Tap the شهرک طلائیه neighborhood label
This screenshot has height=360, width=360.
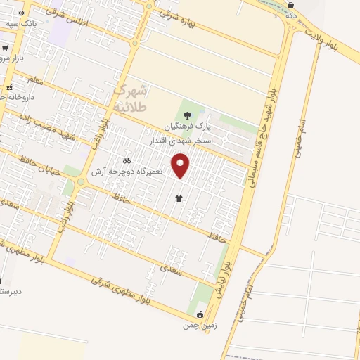[x=131, y=98]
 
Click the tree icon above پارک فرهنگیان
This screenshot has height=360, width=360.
[x=187, y=115]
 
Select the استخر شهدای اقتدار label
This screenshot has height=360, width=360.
[x=181, y=141]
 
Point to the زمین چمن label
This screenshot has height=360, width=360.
[x=197, y=326]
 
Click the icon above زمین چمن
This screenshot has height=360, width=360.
[x=202, y=314]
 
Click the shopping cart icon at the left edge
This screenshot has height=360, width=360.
[x=4, y=49]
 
